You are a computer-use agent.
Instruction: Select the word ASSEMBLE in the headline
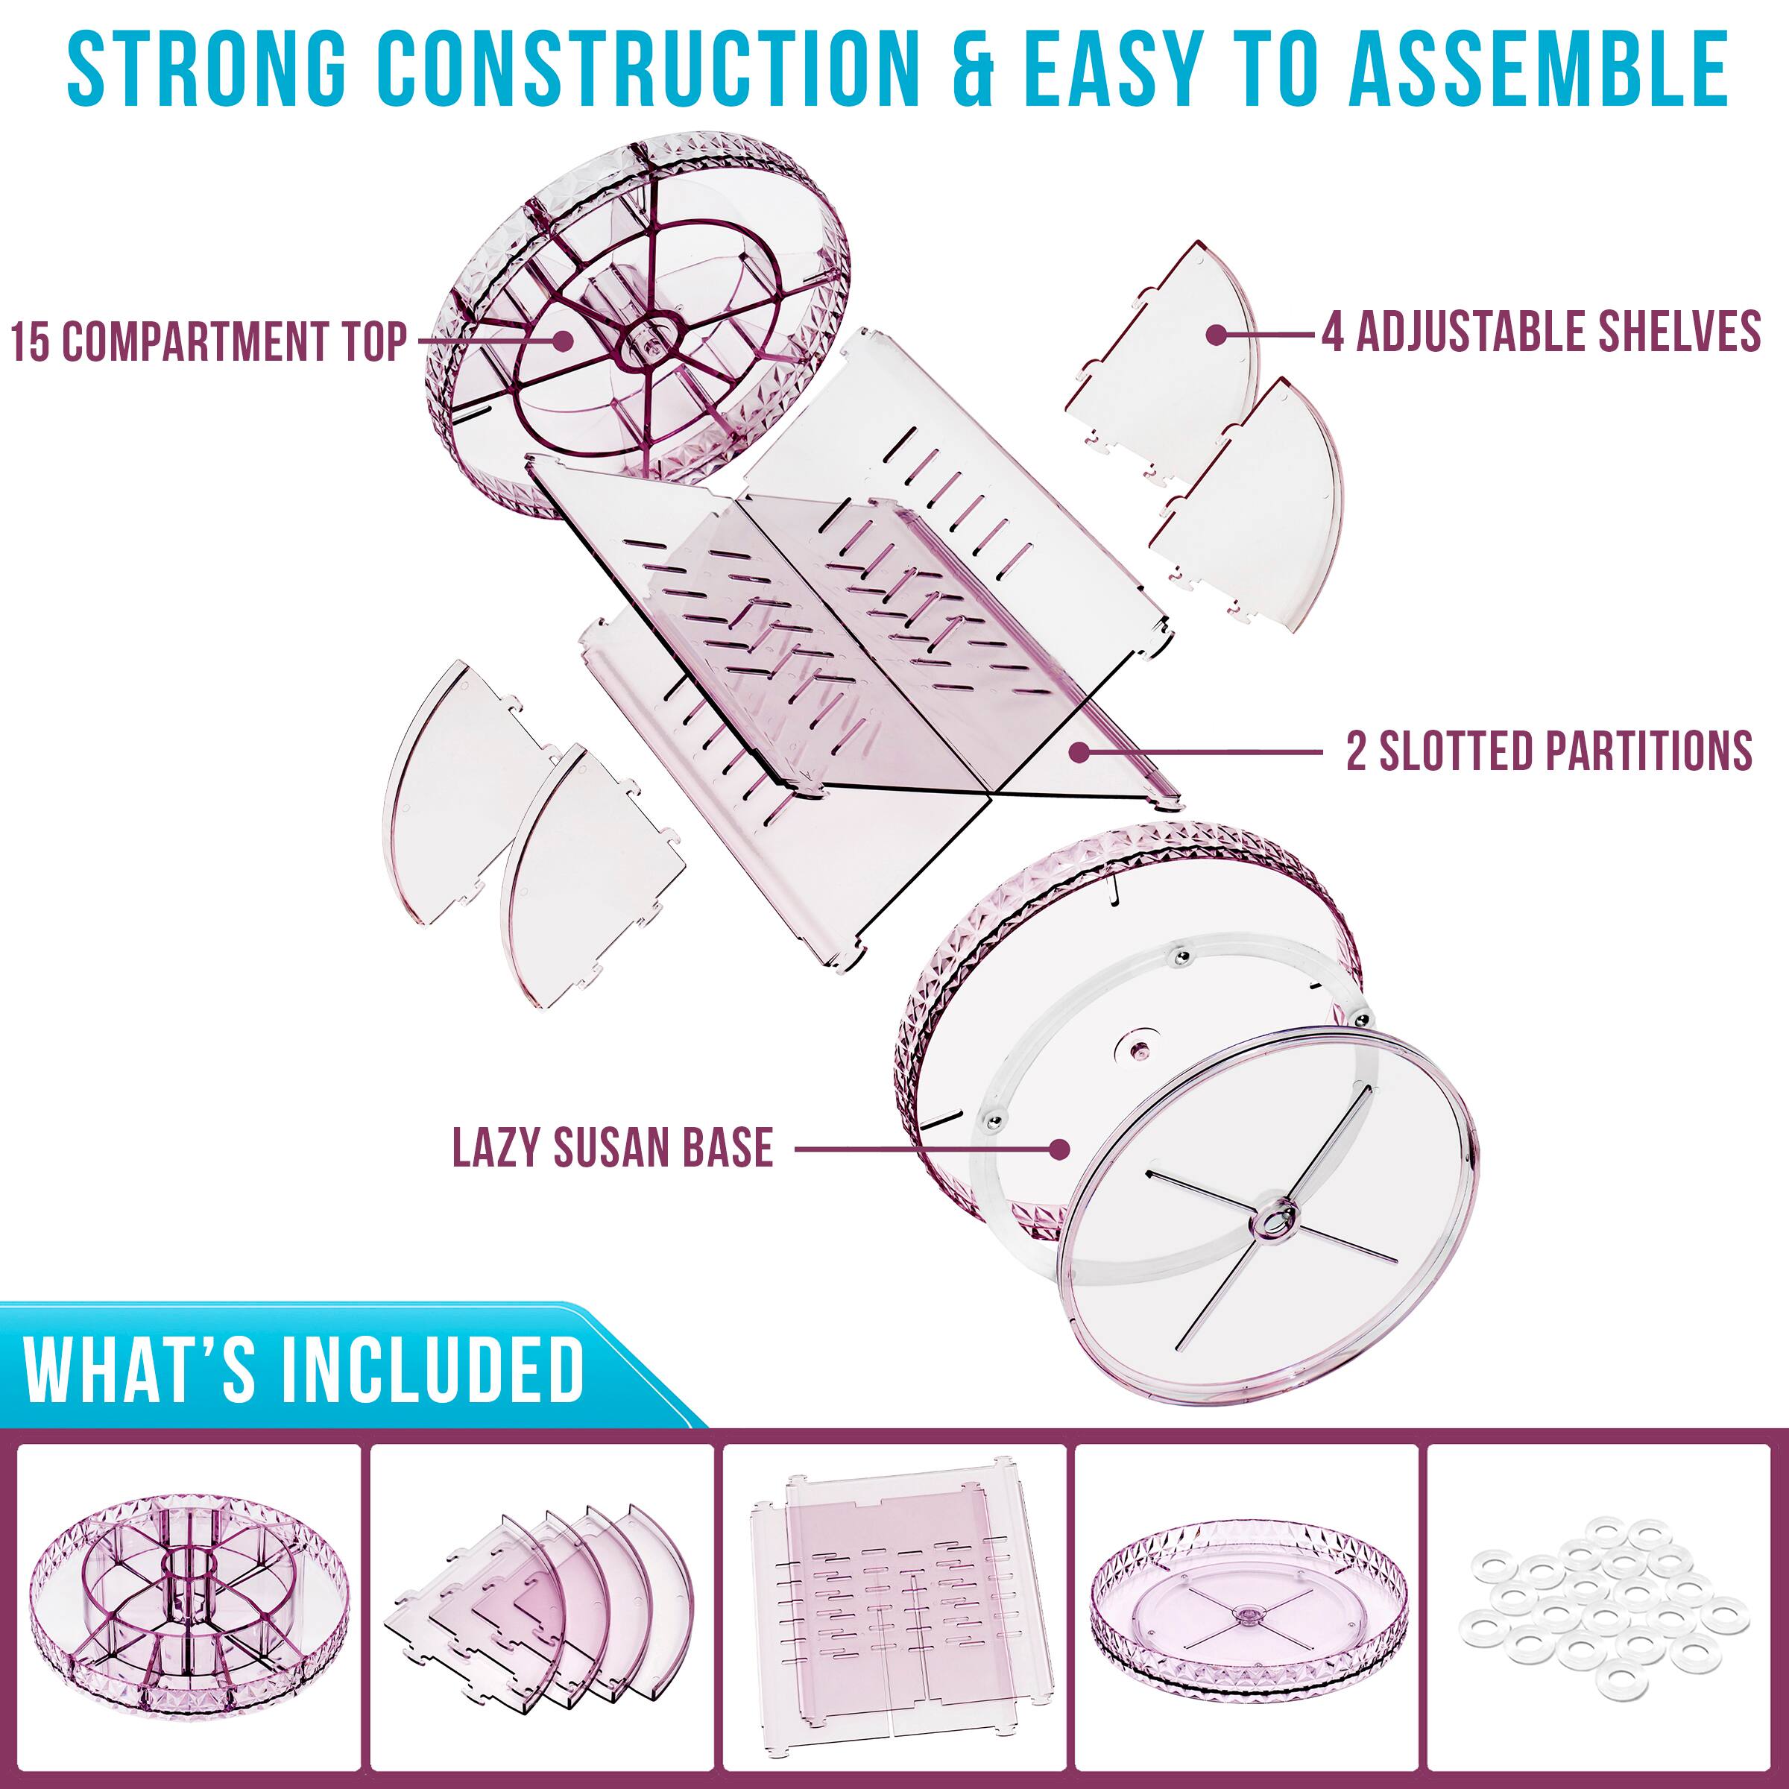tap(1538, 69)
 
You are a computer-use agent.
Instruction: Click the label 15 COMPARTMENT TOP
tap(209, 341)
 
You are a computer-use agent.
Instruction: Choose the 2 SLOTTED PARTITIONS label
tap(1548, 751)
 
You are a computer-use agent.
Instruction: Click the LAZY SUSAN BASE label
tap(612, 1148)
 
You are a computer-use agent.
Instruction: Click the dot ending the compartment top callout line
tap(561, 340)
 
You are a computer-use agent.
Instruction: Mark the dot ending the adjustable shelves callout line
tap(1217, 334)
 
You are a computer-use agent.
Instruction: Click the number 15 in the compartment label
tap(31, 341)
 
